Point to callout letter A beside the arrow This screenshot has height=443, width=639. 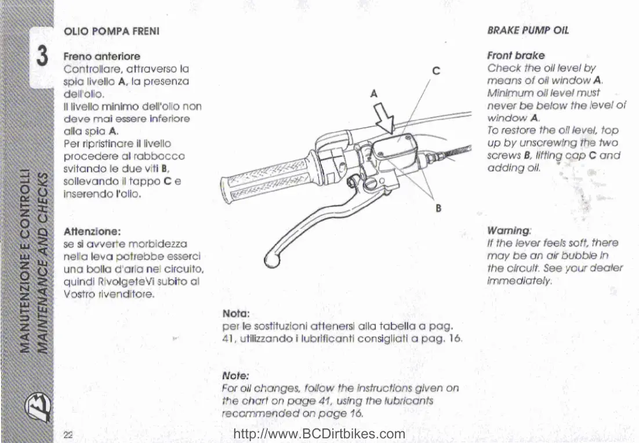[373, 93]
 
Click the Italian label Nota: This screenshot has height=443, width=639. [236, 314]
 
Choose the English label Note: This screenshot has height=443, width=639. [235, 375]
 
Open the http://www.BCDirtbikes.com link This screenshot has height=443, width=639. [318, 434]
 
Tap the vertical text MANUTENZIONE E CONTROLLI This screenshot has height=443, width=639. [26, 261]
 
